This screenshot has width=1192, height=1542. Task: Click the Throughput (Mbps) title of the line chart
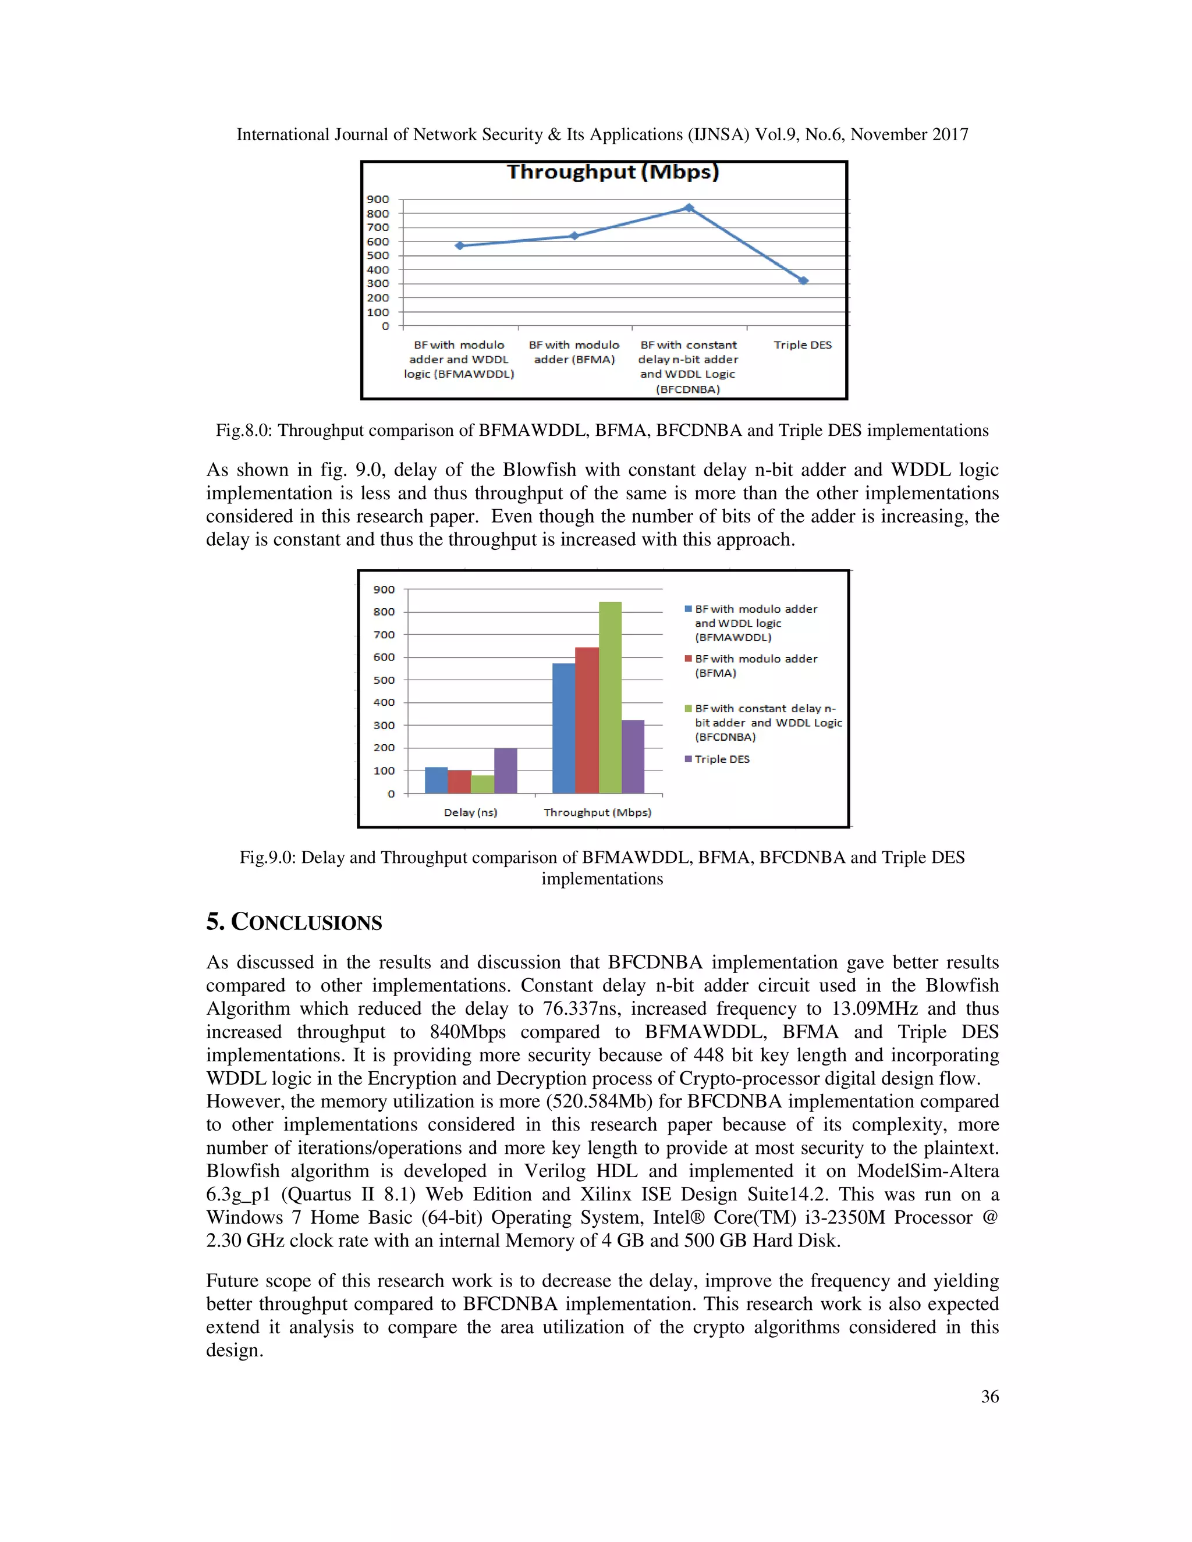(613, 172)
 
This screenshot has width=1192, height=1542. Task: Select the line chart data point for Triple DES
(803, 280)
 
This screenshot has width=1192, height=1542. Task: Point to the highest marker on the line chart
(689, 208)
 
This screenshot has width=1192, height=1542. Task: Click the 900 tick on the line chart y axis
(378, 199)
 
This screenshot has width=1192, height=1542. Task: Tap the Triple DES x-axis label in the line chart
(802, 345)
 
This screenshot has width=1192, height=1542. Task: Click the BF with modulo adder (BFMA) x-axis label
(574, 352)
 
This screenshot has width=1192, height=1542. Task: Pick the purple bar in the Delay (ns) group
(506, 770)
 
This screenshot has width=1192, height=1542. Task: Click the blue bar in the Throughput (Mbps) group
(563, 728)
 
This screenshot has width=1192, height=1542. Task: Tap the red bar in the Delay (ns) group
(460, 781)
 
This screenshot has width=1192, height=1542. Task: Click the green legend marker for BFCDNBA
(688, 708)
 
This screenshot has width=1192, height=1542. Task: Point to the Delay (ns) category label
(470, 813)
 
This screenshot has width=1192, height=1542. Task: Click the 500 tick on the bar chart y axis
(384, 680)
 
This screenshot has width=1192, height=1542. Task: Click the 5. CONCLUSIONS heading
(294, 922)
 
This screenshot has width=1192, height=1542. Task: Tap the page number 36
(989, 1397)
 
